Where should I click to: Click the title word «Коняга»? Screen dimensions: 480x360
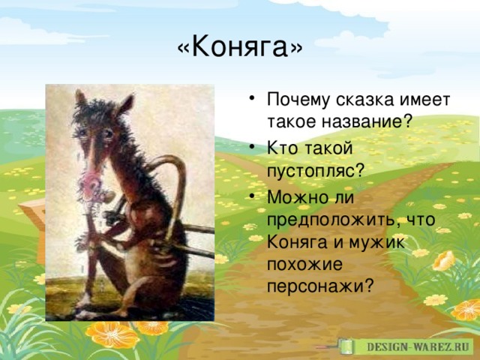pyautogui.click(x=240, y=47)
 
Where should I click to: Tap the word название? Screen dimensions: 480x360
pyautogui.click(x=366, y=121)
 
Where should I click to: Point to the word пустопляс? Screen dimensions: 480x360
pyautogui.click(x=316, y=171)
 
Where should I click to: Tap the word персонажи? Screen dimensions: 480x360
pyautogui.click(x=320, y=287)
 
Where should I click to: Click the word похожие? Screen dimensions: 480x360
pyautogui.click(x=304, y=265)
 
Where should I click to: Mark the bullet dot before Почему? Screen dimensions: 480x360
pyautogui.click(x=252, y=98)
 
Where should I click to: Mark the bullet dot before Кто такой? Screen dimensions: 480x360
pyautogui.click(x=252, y=147)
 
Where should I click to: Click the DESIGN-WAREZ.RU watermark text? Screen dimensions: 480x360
pyautogui.click(x=418, y=347)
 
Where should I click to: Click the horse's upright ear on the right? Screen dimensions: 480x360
pyautogui.click(x=126, y=103)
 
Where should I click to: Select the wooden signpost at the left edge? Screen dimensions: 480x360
pyautogui.click(x=32, y=226)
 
